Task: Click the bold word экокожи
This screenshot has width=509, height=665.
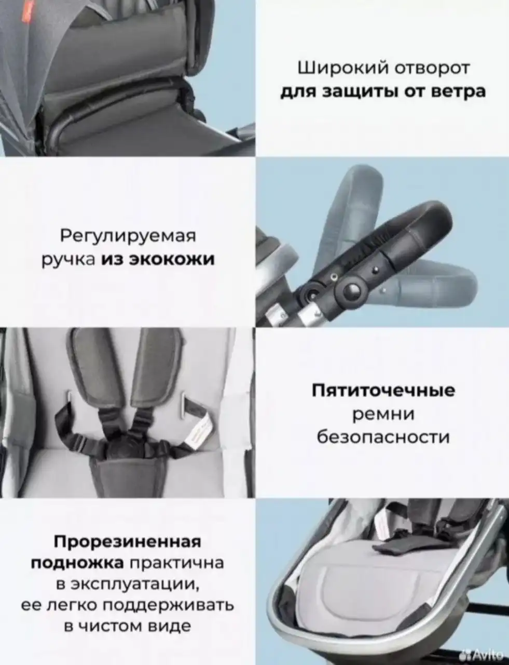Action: click(x=171, y=258)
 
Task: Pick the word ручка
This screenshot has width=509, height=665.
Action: click(x=67, y=258)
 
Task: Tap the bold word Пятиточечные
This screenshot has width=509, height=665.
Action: click(x=383, y=390)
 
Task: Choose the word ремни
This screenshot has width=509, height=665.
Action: click(x=383, y=414)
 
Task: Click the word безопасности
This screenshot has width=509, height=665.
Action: click(x=383, y=437)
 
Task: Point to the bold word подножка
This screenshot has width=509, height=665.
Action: click(x=77, y=564)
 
